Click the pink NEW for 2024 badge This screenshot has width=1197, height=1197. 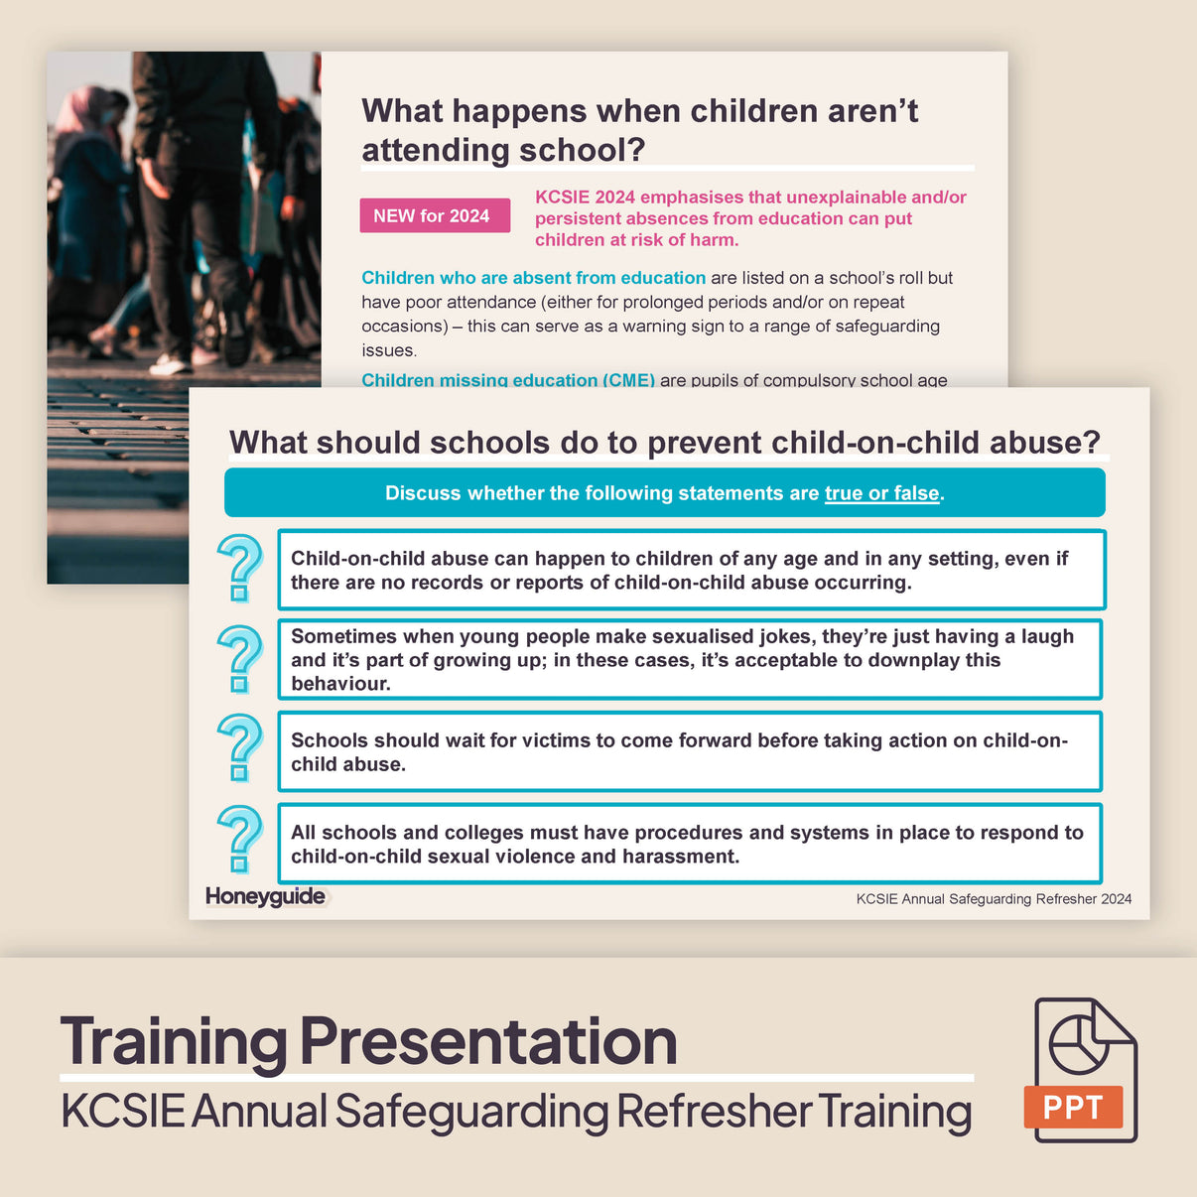[434, 215]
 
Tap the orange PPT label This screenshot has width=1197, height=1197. [1072, 1107]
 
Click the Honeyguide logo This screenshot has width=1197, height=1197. [265, 896]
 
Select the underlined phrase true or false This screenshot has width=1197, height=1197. [881, 493]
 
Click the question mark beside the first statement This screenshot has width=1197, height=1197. [239, 568]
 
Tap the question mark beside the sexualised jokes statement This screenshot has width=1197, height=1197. [239, 658]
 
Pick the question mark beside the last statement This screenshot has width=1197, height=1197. [239, 840]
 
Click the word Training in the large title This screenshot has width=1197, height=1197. [174, 1041]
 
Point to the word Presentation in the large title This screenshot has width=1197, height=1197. [488, 1041]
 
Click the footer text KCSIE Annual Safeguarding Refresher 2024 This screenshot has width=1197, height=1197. [994, 899]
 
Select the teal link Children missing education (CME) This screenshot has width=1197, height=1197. [507, 379]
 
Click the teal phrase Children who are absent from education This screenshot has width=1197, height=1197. [533, 278]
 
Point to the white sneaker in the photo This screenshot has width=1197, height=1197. [171, 364]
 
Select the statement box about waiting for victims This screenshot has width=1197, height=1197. [689, 751]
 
